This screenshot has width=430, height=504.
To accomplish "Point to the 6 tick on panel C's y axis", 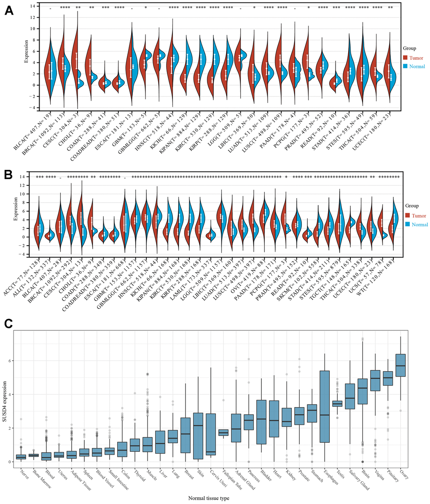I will click(x=9, y=361).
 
